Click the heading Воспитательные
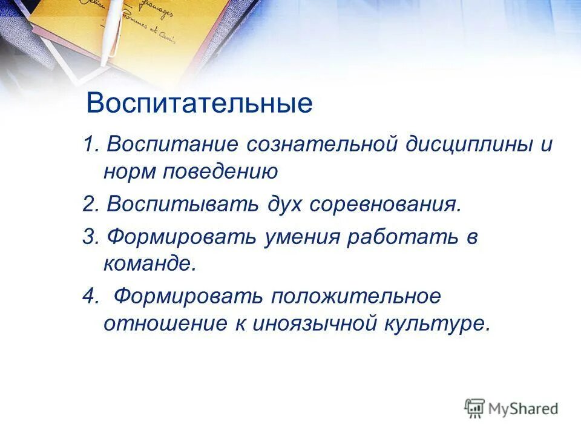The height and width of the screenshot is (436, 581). (199, 103)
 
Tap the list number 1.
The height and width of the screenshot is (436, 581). (90, 145)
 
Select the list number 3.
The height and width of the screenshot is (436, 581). (90, 237)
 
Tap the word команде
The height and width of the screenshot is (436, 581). (149, 263)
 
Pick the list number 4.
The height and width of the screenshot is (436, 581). (90, 297)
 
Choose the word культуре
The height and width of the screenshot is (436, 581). (435, 324)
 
